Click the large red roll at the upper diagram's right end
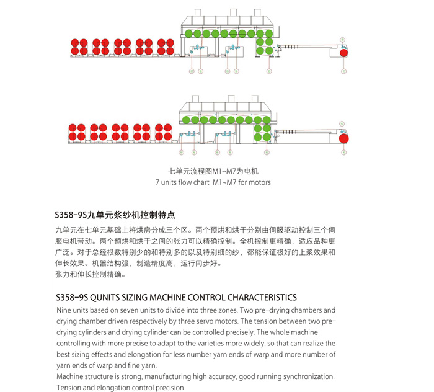[x=343, y=54]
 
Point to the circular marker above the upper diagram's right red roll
[x=342, y=39]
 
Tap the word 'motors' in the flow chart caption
[x=259, y=183]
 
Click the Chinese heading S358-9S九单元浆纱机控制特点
[x=115, y=215]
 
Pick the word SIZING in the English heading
[x=141, y=297]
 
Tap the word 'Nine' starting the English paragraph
[x=64, y=310]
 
